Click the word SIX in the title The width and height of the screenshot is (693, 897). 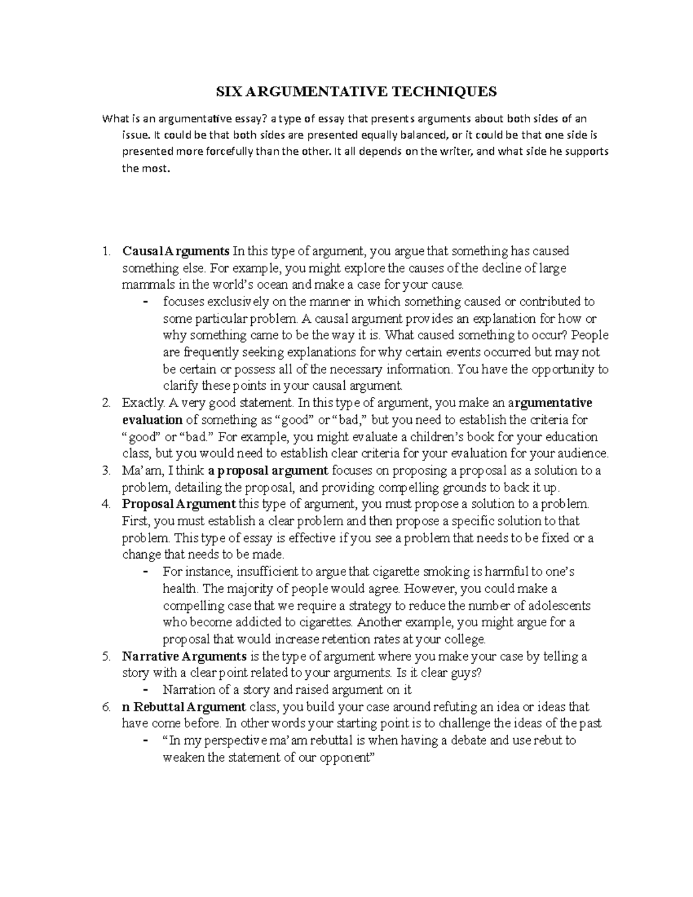coord(227,92)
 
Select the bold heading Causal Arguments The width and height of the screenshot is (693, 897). coord(176,251)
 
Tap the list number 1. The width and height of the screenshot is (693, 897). coord(105,252)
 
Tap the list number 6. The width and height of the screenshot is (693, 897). coord(105,707)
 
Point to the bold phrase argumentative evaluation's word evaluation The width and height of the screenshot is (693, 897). coord(152,420)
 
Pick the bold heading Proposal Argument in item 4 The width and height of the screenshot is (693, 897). coord(179,504)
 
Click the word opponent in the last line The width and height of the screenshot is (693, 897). coord(345,758)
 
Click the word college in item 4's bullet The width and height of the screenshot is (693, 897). coord(465,639)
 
